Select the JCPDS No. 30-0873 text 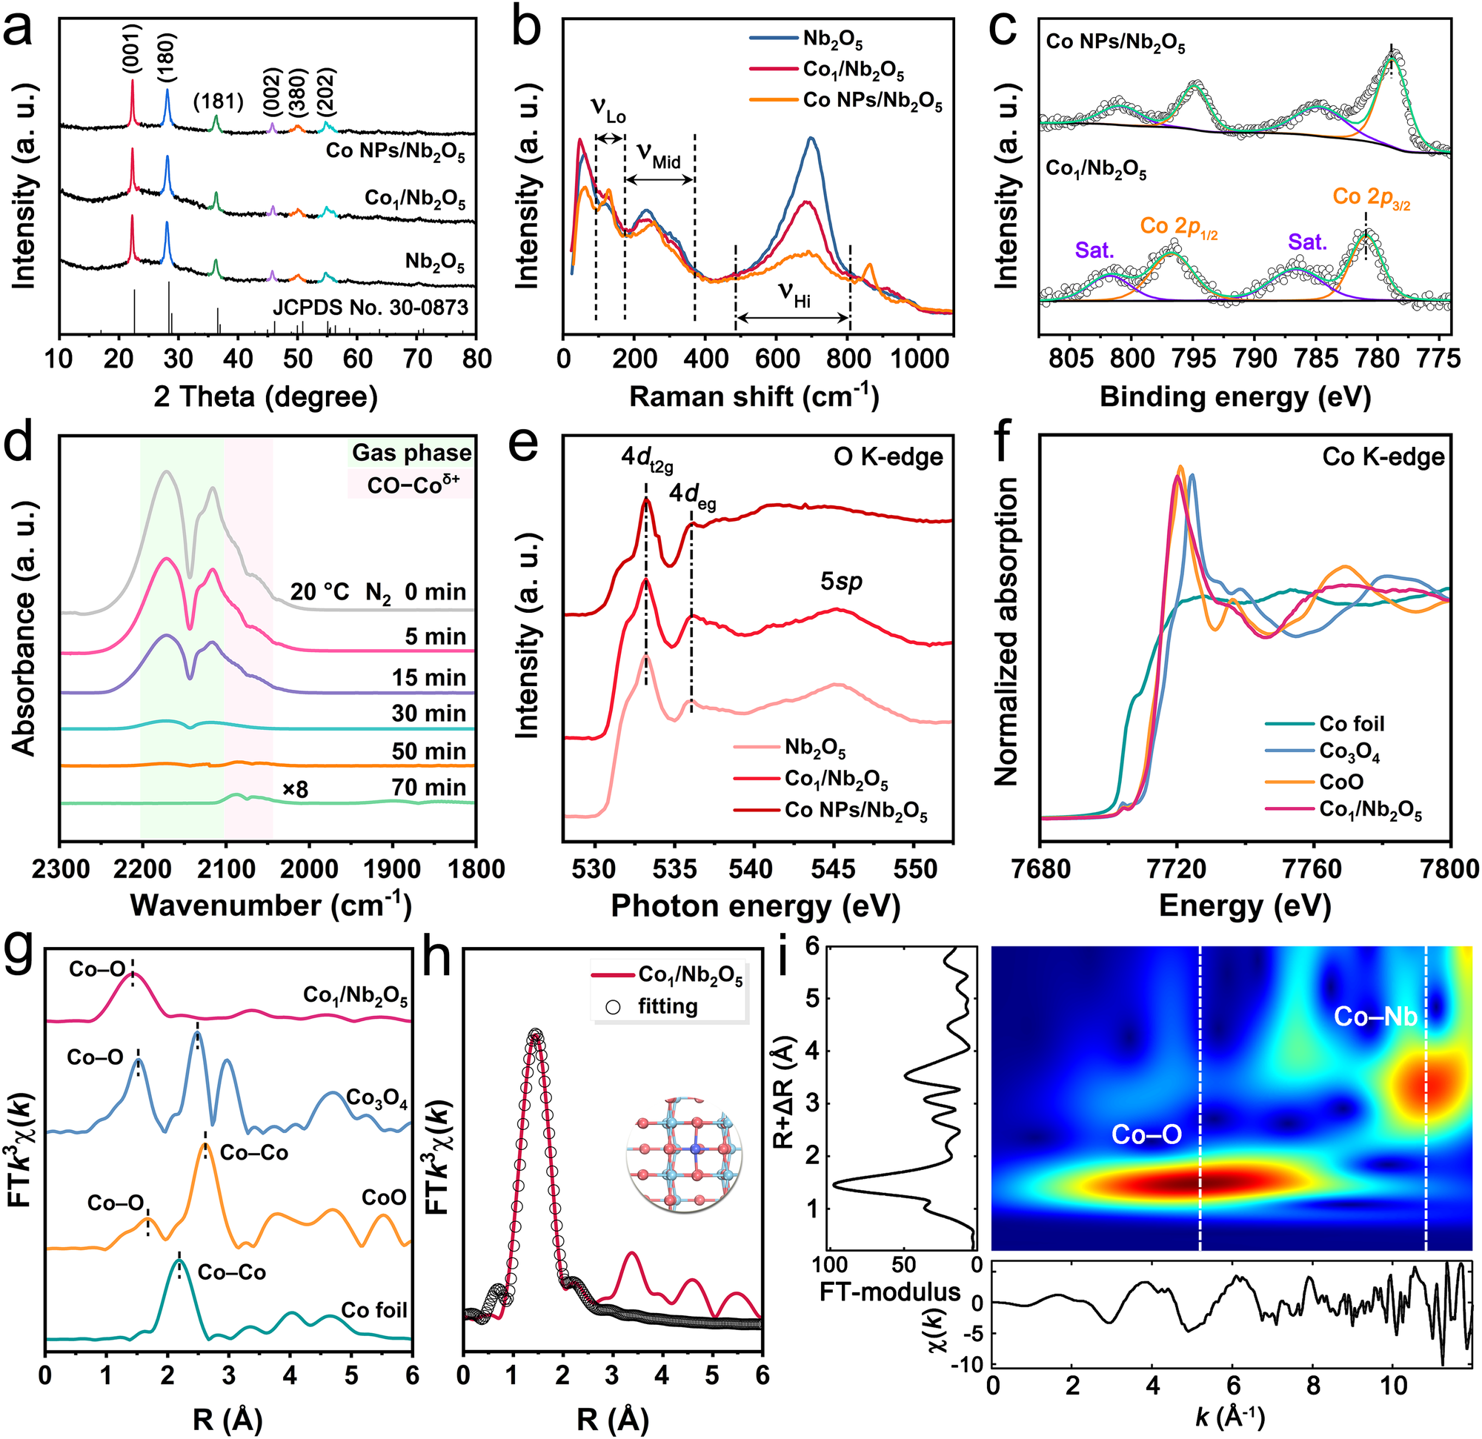click(370, 307)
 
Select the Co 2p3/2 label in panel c click(1371, 198)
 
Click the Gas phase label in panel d click(411, 452)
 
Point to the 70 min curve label click(429, 787)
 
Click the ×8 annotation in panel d click(296, 790)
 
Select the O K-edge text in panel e click(888, 457)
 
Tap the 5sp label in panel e click(842, 582)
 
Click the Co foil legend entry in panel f click(1351, 724)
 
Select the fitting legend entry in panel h click(666, 1006)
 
